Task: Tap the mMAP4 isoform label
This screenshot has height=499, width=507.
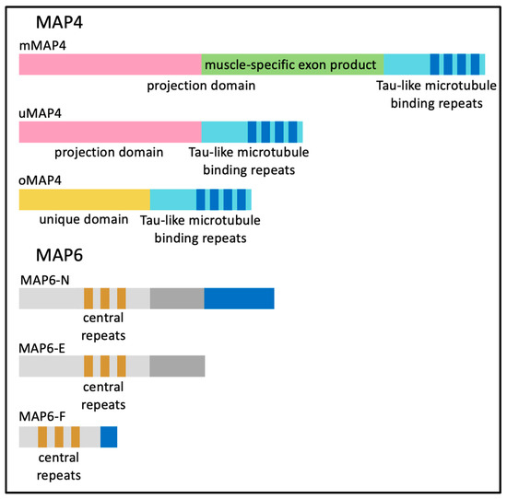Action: click(x=41, y=44)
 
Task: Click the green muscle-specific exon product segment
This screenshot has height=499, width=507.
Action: click(x=291, y=64)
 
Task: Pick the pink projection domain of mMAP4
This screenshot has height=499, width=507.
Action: click(x=110, y=64)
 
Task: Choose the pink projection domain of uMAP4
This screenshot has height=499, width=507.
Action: click(x=110, y=132)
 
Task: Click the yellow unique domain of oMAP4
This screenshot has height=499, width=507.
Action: click(x=84, y=200)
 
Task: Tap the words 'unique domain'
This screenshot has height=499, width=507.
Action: click(x=77, y=221)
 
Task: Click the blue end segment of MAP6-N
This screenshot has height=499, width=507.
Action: click(x=239, y=298)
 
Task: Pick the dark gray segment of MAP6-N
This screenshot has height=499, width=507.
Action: click(x=177, y=298)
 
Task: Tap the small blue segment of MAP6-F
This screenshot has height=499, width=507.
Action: click(x=109, y=435)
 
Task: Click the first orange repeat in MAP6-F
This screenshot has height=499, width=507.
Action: click(x=42, y=435)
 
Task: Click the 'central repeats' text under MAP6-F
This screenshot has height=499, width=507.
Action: click(x=59, y=466)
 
